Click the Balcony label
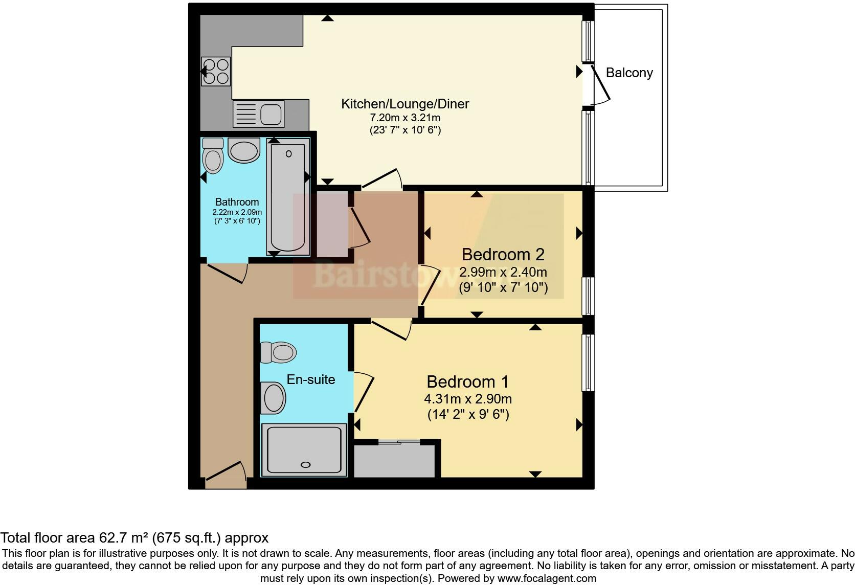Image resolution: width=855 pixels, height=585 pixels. pyautogui.click(x=629, y=73)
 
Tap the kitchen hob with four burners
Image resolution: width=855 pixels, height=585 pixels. pyautogui.click(x=216, y=71)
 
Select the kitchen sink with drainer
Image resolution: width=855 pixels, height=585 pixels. pyautogui.click(x=258, y=114)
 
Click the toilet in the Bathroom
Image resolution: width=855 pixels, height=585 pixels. pyautogui.click(x=213, y=155)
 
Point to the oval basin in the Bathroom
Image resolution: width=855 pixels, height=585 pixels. pyautogui.click(x=243, y=151)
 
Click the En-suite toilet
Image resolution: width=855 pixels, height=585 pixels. pyautogui.click(x=278, y=352)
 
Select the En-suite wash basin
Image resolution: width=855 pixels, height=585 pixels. pyautogui.click(x=273, y=398)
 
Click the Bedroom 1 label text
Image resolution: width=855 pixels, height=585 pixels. pyautogui.click(x=468, y=382)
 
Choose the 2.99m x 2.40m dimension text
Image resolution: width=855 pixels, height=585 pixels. pyautogui.click(x=503, y=272)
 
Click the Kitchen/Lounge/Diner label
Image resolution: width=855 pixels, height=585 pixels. pyautogui.click(x=405, y=104)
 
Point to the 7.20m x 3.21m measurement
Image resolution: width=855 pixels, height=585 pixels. pyautogui.click(x=405, y=118)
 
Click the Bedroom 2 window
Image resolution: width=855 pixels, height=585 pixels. pyautogui.click(x=589, y=296)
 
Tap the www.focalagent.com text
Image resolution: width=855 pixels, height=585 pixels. pyautogui.click(x=547, y=579)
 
